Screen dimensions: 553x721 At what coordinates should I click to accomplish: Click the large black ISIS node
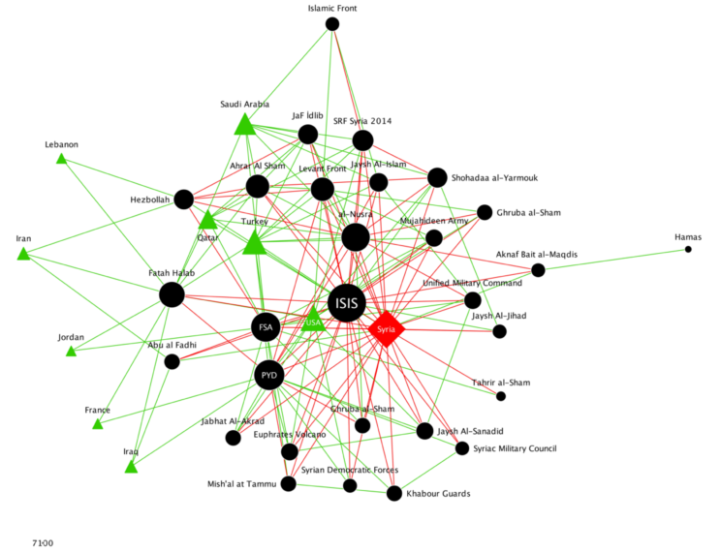pyautogui.click(x=347, y=303)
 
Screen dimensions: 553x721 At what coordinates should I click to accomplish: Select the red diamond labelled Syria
pyautogui.click(x=386, y=329)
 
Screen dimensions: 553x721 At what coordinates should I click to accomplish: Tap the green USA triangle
pyautogui.click(x=313, y=321)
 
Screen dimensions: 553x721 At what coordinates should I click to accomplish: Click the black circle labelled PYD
pyautogui.click(x=269, y=375)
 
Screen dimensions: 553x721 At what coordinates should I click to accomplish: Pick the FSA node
pyautogui.click(x=266, y=327)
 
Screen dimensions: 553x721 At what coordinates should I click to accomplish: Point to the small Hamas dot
pyautogui.click(x=688, y=250)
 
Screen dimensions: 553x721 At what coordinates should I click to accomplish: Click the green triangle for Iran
pyautogui.click(x=23, y=255)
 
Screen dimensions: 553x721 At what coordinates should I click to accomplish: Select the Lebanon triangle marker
pyautogui.click(x=61, y=159)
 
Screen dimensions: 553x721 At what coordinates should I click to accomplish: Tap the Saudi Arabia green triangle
pyautogui.click(x=244, y=124)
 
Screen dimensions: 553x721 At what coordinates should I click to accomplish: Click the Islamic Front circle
pyautogui.click(x=332, y=24)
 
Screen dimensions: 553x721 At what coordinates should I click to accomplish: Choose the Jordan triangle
pyautogui.click(x=71, y=352)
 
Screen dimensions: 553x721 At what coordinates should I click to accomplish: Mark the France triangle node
pyautogui.click(x=97, y=423)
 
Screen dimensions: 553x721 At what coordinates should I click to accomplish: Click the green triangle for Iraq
pyautogui.click(x=131, y=467)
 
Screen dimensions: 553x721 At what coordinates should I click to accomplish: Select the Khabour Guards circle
pyautogui.click(x=394, y=493)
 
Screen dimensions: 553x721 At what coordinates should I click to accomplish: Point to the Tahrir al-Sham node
pyautogui.click(x=501, y=396)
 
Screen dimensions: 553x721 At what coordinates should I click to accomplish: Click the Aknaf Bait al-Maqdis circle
pyautogui.click(x=538, y=270)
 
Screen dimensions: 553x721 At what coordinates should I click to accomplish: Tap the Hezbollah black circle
pyautogui.click(x=181, y=200)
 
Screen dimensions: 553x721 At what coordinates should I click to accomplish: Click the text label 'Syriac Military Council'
pyautogui.click(x=515, y=448)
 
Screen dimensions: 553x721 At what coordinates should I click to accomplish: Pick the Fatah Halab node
pyautogui.click(x=172, y=294)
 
